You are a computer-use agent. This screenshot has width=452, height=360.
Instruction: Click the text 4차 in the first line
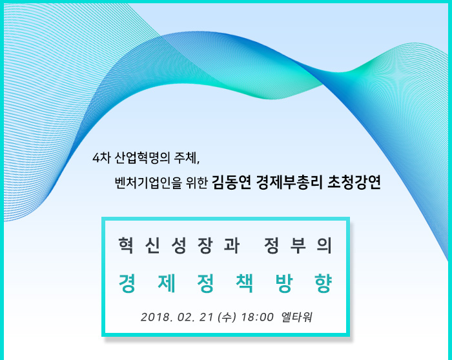101,158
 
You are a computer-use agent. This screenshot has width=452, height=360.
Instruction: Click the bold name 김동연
231,182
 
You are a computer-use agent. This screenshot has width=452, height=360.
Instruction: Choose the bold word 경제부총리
289,182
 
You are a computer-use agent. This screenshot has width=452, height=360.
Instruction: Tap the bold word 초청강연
354,182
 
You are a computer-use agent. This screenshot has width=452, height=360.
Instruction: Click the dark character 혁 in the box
126,245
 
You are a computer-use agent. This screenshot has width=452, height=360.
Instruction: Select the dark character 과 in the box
232,245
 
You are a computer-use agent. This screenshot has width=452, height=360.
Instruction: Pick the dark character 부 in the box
298,245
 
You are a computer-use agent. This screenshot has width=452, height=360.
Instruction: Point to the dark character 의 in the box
324,245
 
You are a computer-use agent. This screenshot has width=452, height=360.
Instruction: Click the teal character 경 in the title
127,283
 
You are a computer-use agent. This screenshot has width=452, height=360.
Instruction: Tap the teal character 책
245,283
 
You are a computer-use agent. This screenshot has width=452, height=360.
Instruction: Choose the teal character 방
283,283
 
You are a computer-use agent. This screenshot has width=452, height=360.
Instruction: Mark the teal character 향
323,283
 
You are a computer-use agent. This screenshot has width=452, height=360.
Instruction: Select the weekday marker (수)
227,317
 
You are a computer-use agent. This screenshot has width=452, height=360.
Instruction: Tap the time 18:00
257,317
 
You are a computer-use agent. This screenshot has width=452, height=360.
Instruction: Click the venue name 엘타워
296,317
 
